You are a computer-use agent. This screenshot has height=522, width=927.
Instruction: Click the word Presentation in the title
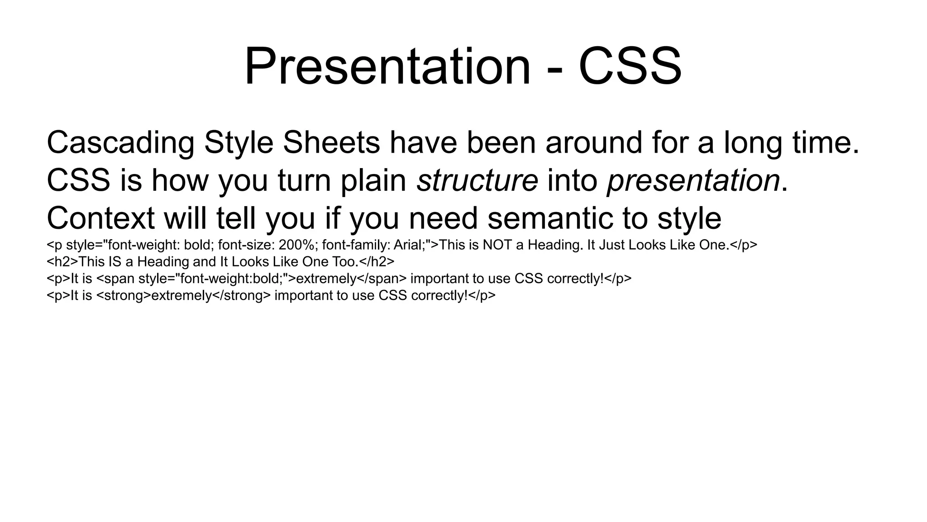(387, 67)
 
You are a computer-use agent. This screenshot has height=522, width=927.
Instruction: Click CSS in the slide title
(630, 67)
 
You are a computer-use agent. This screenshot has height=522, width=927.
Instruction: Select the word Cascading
(120, 143)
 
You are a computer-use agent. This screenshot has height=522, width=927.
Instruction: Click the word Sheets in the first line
(331, 142)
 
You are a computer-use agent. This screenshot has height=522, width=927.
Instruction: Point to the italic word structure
(477, 180)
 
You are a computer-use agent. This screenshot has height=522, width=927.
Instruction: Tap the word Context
(100, 218)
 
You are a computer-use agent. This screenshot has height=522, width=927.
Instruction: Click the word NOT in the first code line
(497, 245)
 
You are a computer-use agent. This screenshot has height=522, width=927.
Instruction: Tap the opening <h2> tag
(62, 262)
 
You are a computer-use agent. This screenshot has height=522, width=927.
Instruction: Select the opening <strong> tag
(124, 296)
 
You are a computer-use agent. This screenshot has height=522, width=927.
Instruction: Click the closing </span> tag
(382, 279)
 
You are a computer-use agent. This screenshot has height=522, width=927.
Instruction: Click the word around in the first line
(593, 142)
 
